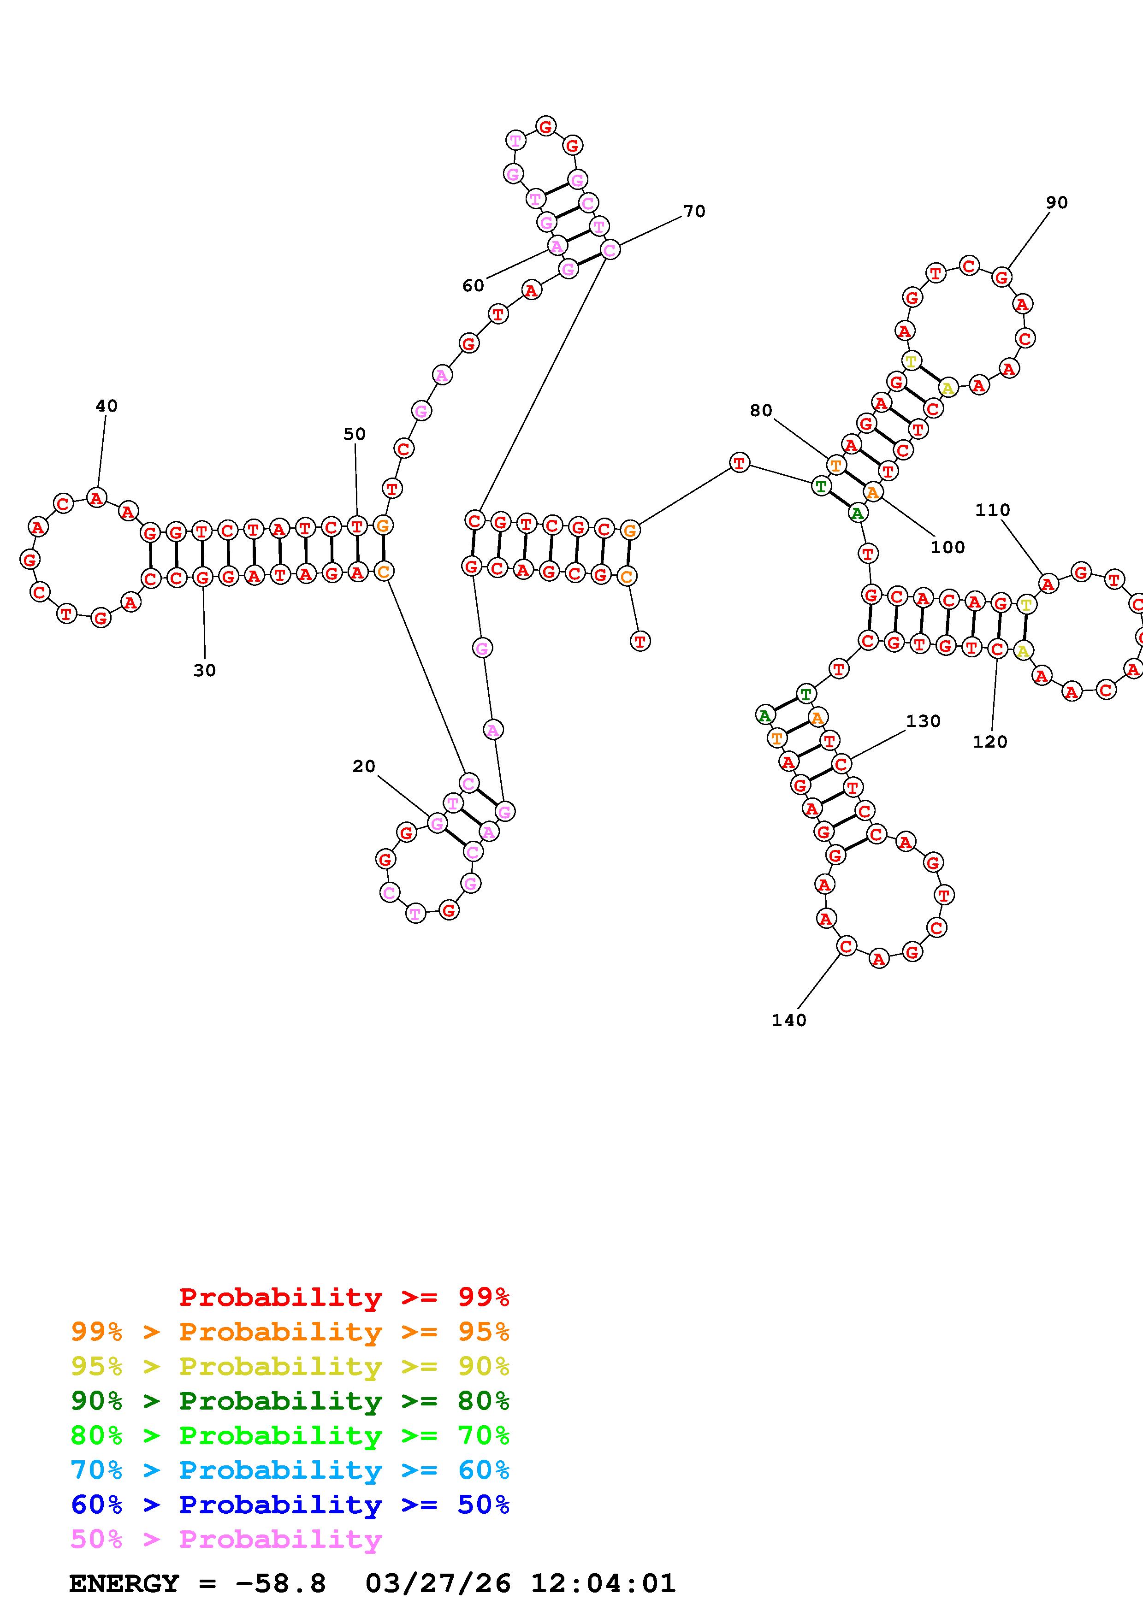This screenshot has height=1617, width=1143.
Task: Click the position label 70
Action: [694, 211]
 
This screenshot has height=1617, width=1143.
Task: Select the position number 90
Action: [1056, 203]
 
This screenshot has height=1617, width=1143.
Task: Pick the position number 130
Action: [923, 721]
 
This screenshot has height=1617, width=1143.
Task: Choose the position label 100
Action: [947, 547]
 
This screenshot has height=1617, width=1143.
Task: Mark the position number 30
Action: [204, 671]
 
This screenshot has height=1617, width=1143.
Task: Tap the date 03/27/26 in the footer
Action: [438, 1584]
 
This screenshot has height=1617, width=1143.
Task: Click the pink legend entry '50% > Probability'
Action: [226, 1540]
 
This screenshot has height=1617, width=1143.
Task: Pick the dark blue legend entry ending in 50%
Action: [290, 1505]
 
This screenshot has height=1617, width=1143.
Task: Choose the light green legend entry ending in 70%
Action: [290, 1435]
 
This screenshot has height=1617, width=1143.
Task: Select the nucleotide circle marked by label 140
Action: [846, 946]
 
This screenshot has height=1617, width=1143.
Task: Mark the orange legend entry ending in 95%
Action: [290, 1332]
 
